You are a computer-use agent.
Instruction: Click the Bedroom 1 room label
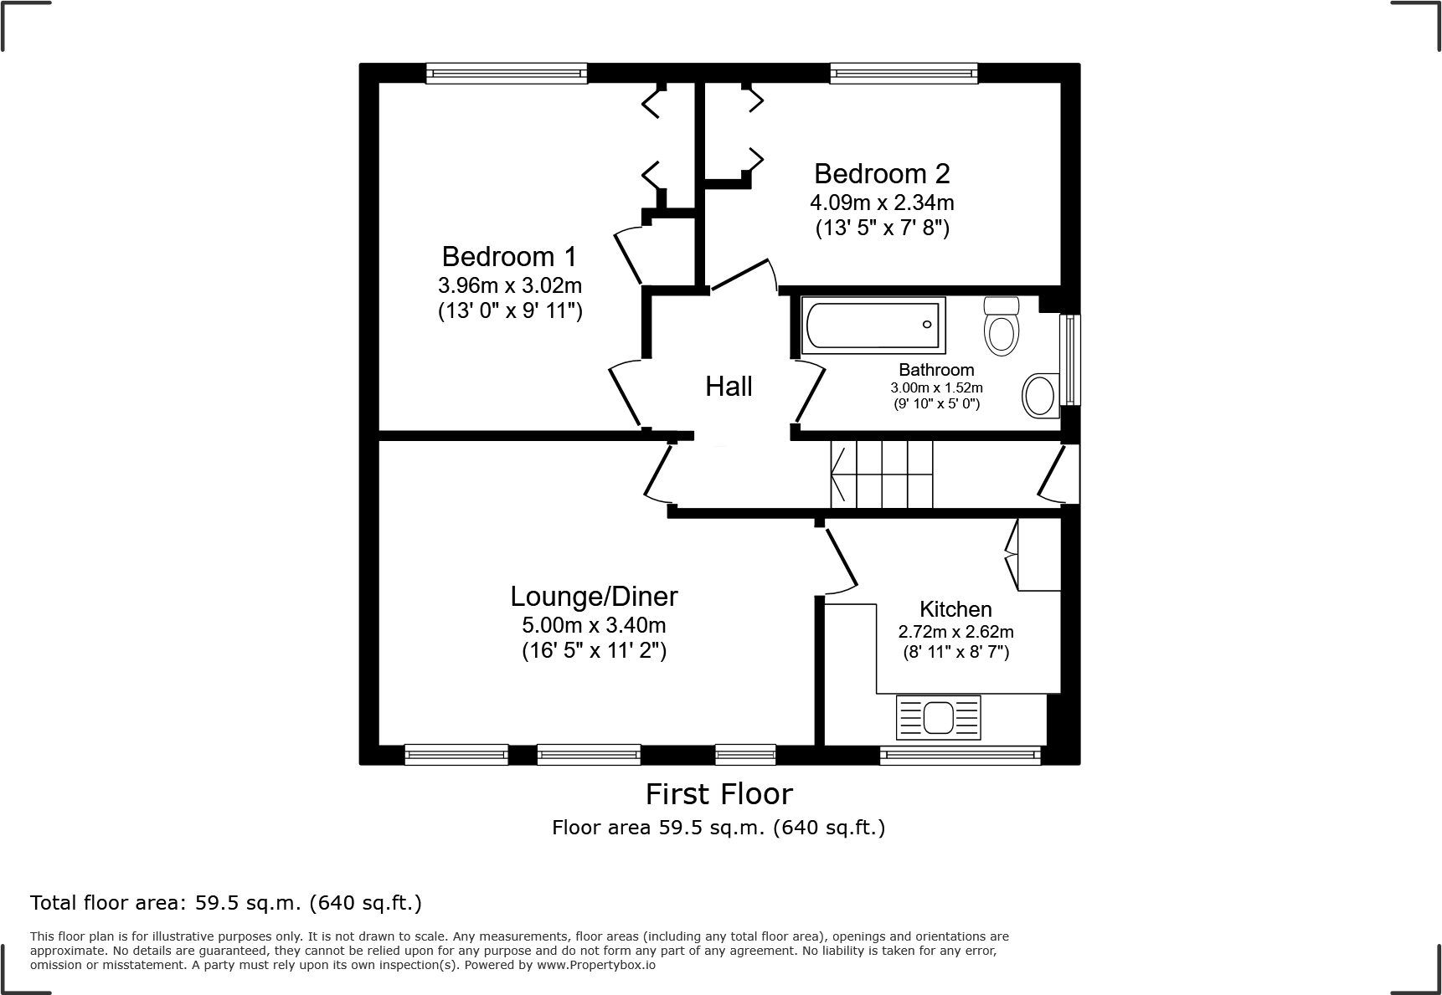tap(509, 256)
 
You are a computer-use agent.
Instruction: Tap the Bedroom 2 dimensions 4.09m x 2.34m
tap(881, 203)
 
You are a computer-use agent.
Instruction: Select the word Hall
tap(729, 387)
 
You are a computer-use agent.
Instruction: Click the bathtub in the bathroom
tap(872, 325)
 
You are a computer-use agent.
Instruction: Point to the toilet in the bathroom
tap(1002, 326)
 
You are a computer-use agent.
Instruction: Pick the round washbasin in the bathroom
tap(1039, 395)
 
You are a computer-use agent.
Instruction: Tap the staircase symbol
tap(881, 474)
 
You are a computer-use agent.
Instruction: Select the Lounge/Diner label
tap(594, 597)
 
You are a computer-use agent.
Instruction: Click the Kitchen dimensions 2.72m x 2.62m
tap(955, 632)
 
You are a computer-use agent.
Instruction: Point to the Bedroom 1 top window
tap(506, 74)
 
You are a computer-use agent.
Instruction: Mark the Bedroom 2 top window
tap(904, 74)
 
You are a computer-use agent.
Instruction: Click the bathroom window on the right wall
tap(1069, 360)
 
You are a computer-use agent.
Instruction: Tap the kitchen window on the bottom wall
tap(960, 756)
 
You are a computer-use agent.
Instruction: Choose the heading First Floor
tap(718, 793)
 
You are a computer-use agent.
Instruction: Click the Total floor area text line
tap(226, 903)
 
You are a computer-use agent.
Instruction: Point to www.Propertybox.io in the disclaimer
tap(595, 964)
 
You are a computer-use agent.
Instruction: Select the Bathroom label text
tap(936, 370)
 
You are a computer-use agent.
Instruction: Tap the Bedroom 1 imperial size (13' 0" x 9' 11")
tap(509, 311)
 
